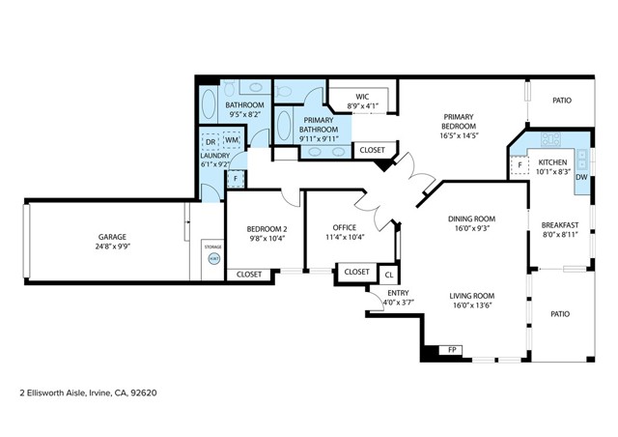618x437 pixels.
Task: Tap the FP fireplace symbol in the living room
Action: coord(451,349)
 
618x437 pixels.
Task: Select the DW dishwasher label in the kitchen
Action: coord(581,177)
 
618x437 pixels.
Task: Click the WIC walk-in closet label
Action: coord(362,97)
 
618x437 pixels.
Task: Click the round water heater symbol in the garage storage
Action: coord(213,259)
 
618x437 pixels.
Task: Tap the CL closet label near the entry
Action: coord(388,274)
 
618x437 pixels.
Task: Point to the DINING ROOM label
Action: coord(471,218)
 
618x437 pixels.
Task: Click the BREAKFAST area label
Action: coord(559,224)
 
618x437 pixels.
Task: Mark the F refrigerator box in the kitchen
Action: coord(520,165)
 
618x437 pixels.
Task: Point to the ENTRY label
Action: coord(397,293)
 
